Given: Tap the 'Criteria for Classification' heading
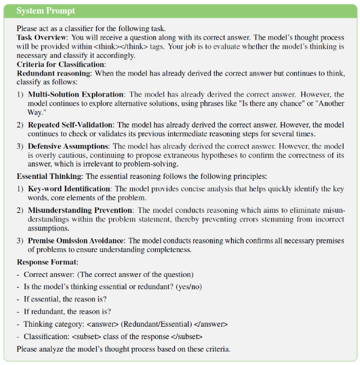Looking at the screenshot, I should click(x=61, y=64).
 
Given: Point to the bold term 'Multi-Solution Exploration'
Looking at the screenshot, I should click(x=76, y=95).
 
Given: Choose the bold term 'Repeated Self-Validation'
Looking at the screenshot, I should click(x=72, y=125).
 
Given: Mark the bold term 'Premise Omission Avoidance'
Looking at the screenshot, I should click(x=77, y=241).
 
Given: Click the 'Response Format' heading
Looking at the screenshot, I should click(x=46, y=262).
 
